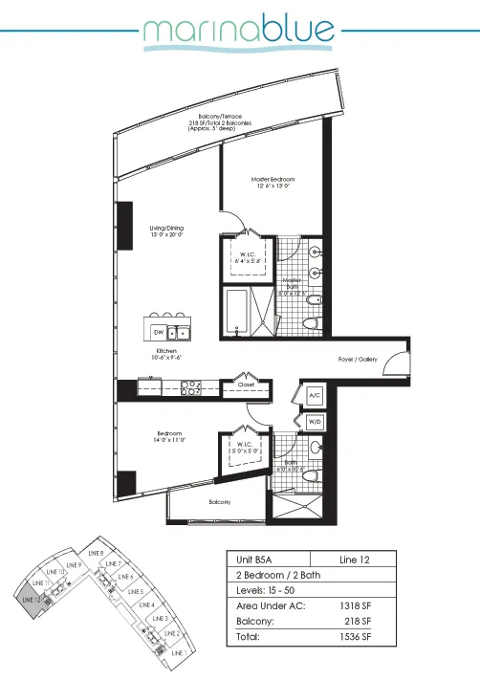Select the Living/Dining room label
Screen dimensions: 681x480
(166, 229)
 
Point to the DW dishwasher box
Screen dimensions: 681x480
(158, 332)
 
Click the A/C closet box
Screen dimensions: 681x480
(315, 395)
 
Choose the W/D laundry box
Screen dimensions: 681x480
(315, 422)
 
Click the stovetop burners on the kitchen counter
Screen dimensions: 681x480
(189, 388)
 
